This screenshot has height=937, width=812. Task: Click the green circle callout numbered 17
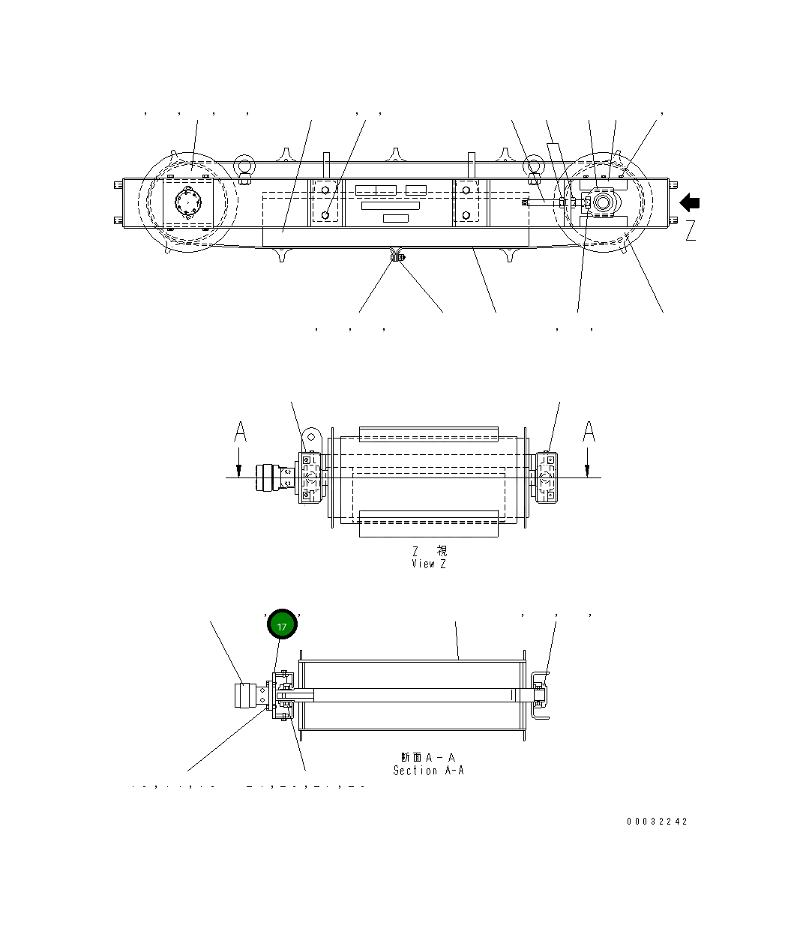point(283,625)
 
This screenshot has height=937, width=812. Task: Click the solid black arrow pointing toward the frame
point(689,203)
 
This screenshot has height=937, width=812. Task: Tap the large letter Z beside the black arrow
point(690,231)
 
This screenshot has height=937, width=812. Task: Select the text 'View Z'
point(428,564)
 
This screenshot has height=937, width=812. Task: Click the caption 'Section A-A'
point(428,770)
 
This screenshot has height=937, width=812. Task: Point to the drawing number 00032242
point(657,821)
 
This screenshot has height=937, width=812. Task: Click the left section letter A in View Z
point(239,433)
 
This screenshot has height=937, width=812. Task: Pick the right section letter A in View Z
point(589,433)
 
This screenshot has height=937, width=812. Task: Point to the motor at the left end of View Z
point(267,477)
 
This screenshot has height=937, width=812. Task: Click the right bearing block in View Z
point(546,477)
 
